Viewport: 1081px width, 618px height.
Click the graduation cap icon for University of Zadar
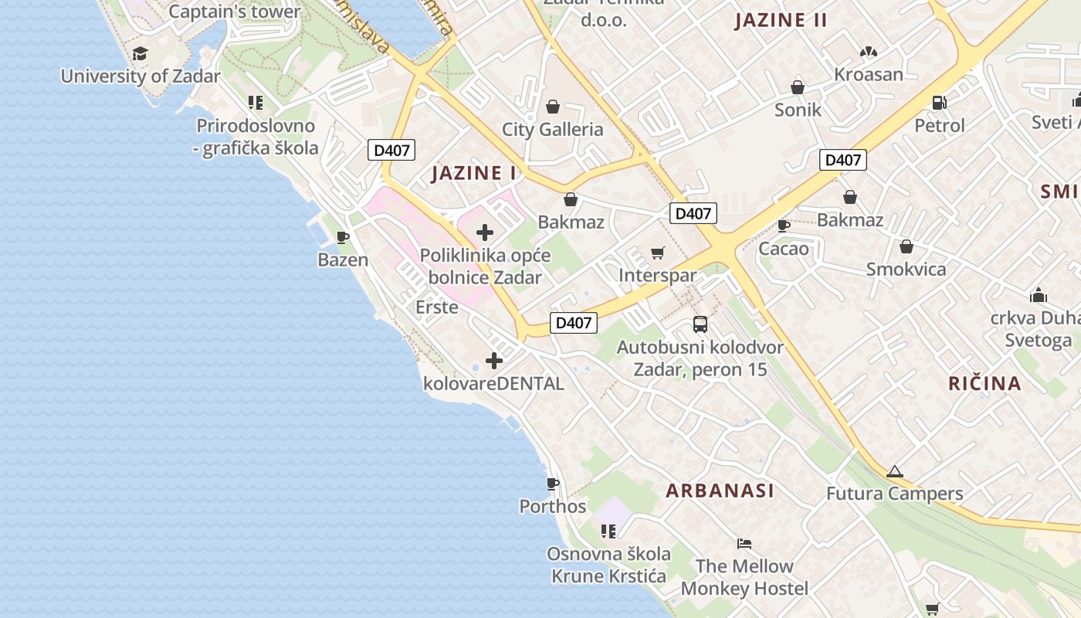(140, 53)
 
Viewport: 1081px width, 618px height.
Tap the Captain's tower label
(234, 12)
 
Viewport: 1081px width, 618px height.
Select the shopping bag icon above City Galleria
(553, 106)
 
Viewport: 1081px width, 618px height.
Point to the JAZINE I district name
(473, 173)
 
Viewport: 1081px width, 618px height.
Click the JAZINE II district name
(781, 20)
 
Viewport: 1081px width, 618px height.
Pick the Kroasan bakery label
(869, 74)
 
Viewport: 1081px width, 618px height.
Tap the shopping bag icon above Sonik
(798, 87)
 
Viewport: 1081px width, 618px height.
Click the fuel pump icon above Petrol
(940, 102)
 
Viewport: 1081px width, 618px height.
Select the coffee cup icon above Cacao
(784, 226)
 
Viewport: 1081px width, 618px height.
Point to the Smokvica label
(906, 269)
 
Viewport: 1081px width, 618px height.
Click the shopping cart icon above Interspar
(658, 253)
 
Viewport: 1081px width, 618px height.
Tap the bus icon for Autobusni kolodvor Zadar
(700, 324)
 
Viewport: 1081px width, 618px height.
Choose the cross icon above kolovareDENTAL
(494, 360)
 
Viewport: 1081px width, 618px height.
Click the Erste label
(437, 307)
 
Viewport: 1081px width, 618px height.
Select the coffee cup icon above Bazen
(344, 237)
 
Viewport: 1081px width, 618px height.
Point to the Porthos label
(553, 507)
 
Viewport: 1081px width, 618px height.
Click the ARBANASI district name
(720, 491)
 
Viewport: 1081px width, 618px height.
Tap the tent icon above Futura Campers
(894, 471)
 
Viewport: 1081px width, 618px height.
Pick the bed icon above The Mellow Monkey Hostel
(744, 543)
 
